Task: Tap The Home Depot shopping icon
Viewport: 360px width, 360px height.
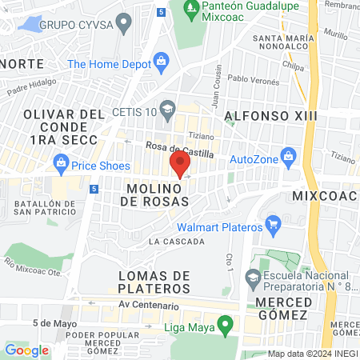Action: [x=161, y=61]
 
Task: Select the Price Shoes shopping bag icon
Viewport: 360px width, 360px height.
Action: [x=61, y=161]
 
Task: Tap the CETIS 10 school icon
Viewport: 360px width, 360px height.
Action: [x=167, y=108]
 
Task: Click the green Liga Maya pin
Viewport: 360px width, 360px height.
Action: [x=226, y=324]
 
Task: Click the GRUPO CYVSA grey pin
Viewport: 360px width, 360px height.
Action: [x=122, y=24]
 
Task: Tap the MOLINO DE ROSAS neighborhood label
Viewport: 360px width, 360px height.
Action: [x=158, y=194]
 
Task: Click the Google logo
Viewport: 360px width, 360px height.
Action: [x=26, y=350]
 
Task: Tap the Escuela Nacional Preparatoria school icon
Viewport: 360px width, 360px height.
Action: [x=253, y=278]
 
